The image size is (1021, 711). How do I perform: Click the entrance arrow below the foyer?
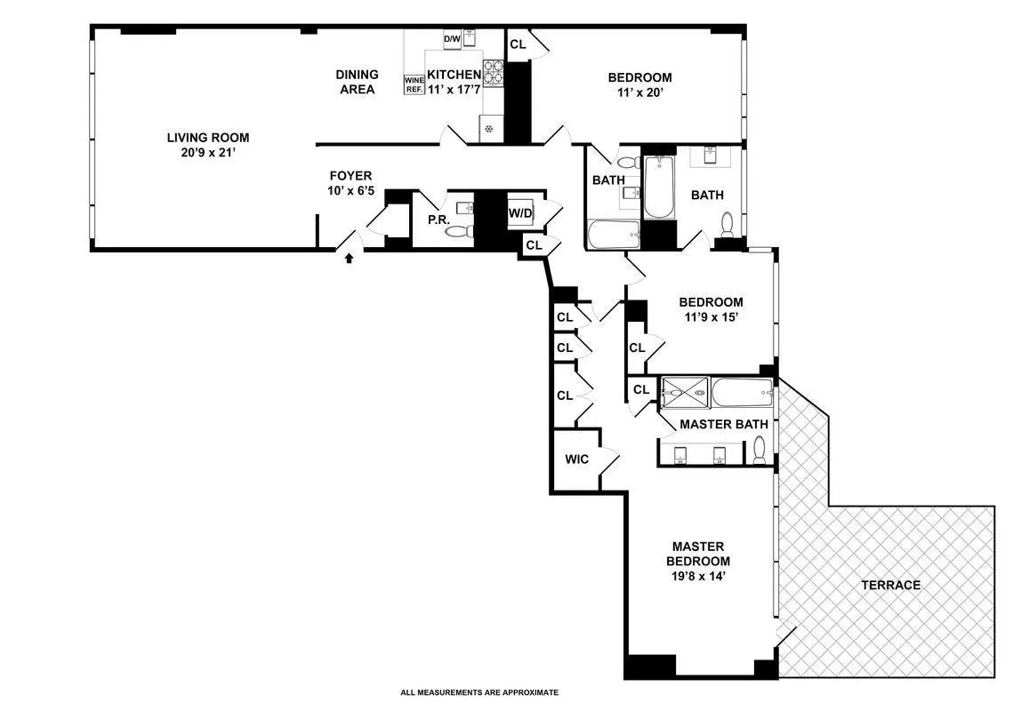[349, 258]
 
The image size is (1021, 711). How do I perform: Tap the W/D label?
[520, 213]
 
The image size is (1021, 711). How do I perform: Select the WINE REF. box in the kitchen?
[414, 84]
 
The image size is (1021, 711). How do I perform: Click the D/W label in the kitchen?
[452, 38]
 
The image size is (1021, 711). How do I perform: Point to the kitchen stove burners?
[493, 72]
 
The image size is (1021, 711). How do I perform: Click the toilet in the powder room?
[460, 231]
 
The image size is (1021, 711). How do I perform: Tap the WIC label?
[577, 459]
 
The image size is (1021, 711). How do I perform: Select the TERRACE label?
[890, 585]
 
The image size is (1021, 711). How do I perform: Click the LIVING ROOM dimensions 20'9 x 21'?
[208, 153]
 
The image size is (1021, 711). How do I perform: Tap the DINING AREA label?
[357, 82]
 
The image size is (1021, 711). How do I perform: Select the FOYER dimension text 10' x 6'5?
[350, 190]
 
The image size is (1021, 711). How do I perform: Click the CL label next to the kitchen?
[518, 44]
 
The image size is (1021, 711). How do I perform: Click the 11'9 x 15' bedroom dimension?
[711, 316]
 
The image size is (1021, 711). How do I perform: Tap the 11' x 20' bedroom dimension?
[639, 92]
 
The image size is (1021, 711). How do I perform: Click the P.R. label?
[437, 220]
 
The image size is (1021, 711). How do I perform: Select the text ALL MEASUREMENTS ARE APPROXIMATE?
[479, 692]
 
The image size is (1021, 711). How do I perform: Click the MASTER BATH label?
[723, 425]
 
